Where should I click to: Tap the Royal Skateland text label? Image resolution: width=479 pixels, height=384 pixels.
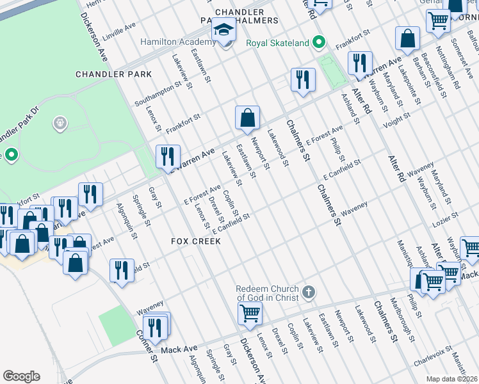tap(278, 44)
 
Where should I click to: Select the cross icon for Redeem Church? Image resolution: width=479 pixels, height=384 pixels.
tap(309, 292)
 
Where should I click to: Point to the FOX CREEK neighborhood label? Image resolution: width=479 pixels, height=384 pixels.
tap(196, 241)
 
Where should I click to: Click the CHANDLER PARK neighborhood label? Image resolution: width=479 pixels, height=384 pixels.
tap(114, 74)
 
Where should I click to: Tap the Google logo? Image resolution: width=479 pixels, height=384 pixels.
tap(21, 376)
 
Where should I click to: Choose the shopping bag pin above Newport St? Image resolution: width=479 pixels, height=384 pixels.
tap(247, 118)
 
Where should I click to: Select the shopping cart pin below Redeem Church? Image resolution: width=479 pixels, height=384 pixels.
tap(250, 314)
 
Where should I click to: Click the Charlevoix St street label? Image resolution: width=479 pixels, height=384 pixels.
tap(435, 356)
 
